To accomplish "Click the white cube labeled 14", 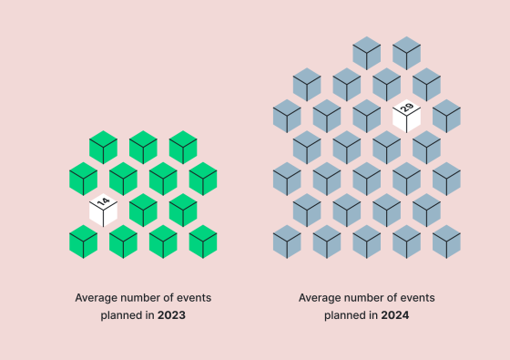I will pyautogui.click(x=103, y=211).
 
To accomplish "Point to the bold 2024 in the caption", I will pyautogui.click(x=393, y=315).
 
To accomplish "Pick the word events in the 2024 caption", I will pyautogui.click(x=415, y=297).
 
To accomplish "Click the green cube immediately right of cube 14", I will pyautogui.click(x=143, y=211).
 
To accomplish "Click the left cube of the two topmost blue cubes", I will pyautogui.click(x=366, y=54).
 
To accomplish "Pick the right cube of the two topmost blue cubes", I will pyautogui.click(x=406, y=54).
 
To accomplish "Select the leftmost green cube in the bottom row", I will pyautogui.click(x=83, y=242).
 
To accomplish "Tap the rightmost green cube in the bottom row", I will pyautogui.click(x=203, y=242).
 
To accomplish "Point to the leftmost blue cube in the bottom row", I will pyautogui.click(x=287, y=242).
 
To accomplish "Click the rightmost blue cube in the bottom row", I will pyautogui.click(x=446, y=242).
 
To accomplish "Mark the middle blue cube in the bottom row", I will pyautogui.click(x=366, y=242).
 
